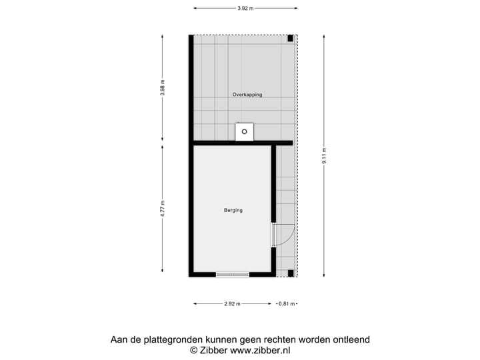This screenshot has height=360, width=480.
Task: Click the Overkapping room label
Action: (x=247, y=95)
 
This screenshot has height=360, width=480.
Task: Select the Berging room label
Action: (x=233, y=210)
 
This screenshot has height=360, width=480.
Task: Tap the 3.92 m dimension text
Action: (x=245, y=9)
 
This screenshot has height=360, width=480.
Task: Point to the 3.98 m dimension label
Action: (x=162, y=88)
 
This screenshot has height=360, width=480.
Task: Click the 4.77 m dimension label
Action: (x=162, y=208)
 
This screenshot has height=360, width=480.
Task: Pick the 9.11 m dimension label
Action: (x=324, y=156)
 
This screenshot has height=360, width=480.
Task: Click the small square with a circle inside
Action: (x=245, y=132)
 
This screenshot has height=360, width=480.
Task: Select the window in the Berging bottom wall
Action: (x=233, y=274)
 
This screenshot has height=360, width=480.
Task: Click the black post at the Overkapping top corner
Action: (x=291, y=38)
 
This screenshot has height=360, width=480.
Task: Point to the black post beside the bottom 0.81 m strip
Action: (x=291, y=273)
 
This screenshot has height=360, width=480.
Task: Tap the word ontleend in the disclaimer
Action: (x=349, y=339)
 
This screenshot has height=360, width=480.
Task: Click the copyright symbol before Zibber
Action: (x=194, y=350)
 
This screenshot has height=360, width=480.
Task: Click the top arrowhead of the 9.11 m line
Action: (x=324, y=37)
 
